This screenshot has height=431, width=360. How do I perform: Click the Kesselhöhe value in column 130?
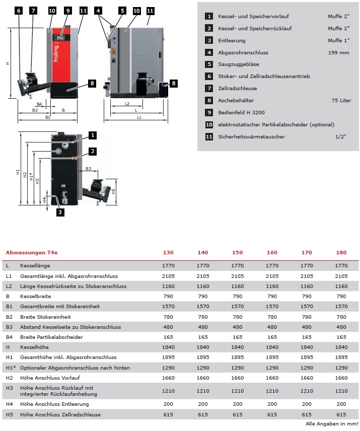(x=167, y=347)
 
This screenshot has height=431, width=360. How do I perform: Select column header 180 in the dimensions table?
(x=341, y=252)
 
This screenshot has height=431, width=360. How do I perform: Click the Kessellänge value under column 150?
(x=237, y=265)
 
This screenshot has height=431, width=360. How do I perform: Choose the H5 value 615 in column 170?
(x=306, y=414)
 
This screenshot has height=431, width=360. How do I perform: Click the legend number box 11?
(x=208, y=137)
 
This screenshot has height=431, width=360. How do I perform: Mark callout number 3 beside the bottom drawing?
(x=59, y=212)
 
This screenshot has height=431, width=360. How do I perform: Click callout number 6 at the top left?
(x=19, y=11)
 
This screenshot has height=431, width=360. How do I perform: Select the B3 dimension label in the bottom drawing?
(x=88, y=169)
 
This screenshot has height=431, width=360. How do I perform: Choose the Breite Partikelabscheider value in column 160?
(x=271, y=337)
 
